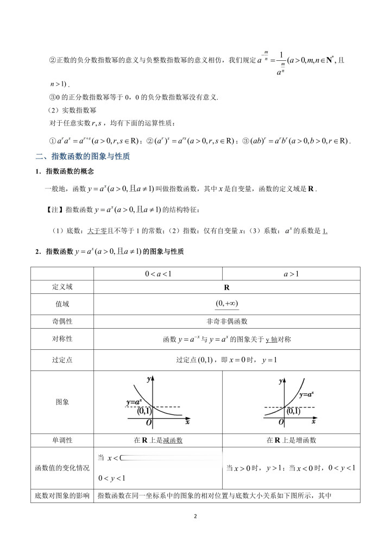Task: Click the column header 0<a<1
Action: (x=158, y=274)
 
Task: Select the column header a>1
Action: (x=291, y=274)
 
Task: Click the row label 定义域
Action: (x=62, y=287)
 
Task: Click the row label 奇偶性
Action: (x=62, y=322)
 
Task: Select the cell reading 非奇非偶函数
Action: (x=227, y=322)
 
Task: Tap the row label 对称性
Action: (x=62, y=339)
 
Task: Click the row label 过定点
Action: (x=62, y=360)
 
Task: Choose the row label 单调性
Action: (x=62, y=441)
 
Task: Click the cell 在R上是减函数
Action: (x=158, y=441)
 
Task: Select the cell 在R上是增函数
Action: (x=291, y=441)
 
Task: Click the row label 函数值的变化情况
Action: (x=62, y=468)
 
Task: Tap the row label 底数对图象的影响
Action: (x=62, y=495)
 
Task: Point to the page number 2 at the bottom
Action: (x=195, y=516)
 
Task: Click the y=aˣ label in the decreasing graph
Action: (x=134, y=403)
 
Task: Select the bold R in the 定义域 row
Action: (x=227, y=287)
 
